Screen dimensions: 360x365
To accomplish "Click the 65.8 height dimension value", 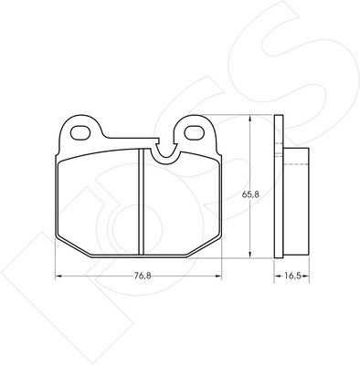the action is pyautogui.click(x=250, y=194).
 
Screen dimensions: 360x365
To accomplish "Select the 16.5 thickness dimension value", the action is pyautogui.click(x=292, y=276).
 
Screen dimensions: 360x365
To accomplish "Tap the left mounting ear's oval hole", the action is pyautogui.click(x=80, y=133).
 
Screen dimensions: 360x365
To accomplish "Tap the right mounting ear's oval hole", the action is pyautogui.click(x=195, y=133).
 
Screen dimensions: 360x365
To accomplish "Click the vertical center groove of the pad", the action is pyautogui.click(x=141, y=202).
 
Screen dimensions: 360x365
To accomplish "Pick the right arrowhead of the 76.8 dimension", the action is pyautogui.click(x=218, y=276).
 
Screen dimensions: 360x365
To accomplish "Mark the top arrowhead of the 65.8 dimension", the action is pyautogui.click(x=250, y=119).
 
